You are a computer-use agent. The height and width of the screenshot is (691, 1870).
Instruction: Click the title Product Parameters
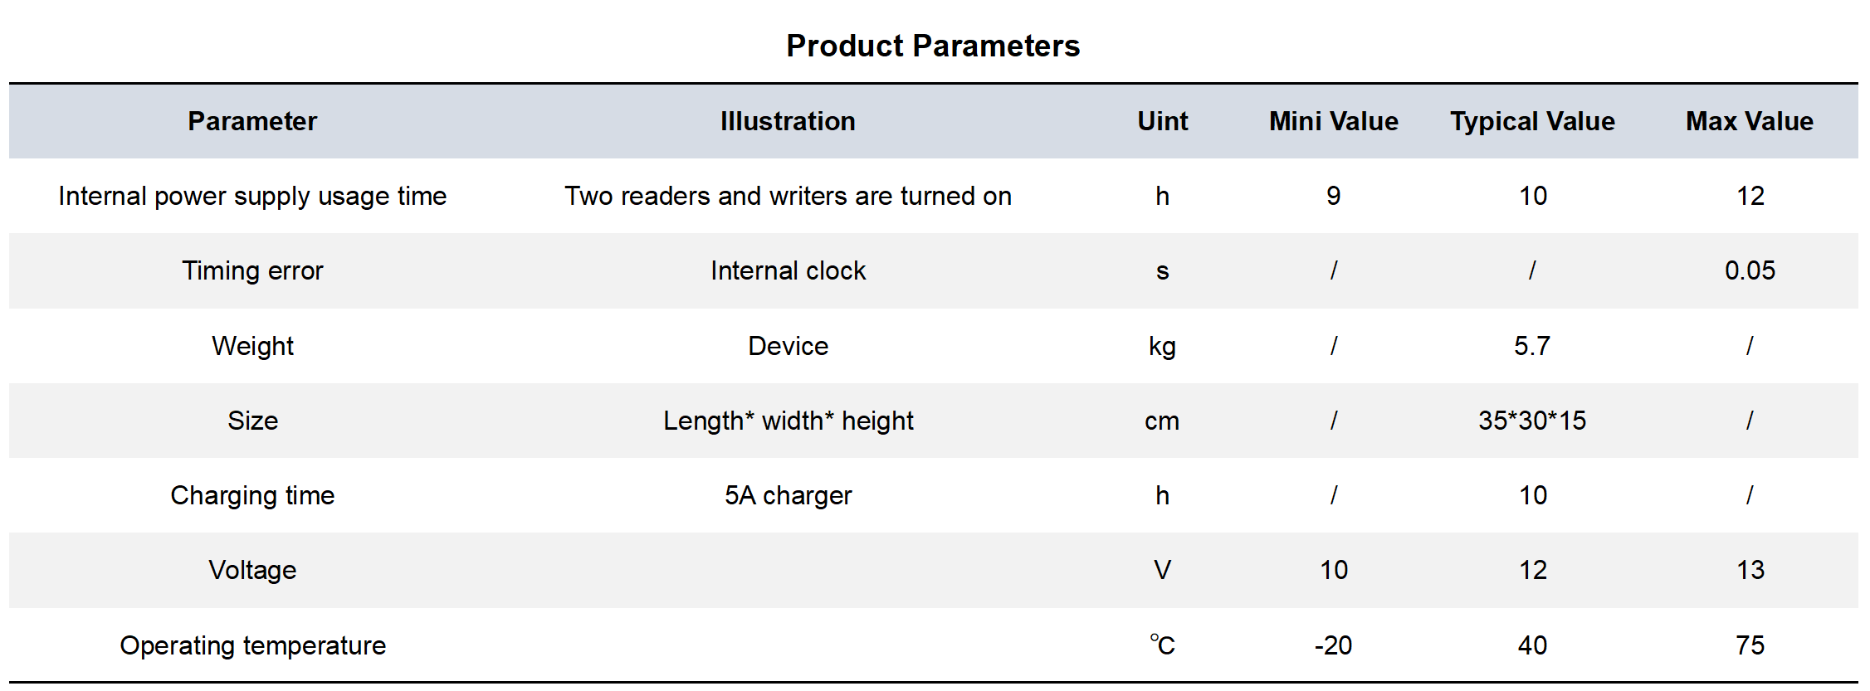point(933,46)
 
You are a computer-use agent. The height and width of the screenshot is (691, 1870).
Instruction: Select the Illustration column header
point(788,121)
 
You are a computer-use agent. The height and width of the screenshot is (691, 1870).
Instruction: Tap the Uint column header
point(1162,121)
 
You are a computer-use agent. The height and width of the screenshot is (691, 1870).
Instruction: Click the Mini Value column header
point(1334,121)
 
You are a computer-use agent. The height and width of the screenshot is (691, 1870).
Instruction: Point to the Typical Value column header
point(1532,122)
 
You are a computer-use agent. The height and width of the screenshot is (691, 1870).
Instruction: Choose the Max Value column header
point(1750,121)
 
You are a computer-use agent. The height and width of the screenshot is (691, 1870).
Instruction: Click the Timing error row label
point(252,271)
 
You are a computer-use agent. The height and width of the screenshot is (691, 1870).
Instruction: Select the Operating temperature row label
point(252,645)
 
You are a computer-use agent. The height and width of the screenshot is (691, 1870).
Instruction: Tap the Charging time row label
point(252,495)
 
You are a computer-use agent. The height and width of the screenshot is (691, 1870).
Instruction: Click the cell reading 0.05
point(1750,270)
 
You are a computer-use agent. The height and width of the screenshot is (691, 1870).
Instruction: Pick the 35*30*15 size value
point(1532,421)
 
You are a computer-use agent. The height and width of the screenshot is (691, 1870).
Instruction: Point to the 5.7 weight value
point(1532,346)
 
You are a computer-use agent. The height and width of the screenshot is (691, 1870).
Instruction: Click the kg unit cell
point(1162,347)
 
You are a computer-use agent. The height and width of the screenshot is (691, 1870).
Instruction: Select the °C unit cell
point(1162,645)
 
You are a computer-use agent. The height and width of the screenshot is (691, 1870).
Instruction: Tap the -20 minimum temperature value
point(1334,645)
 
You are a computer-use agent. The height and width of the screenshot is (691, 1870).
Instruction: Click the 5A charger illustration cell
point(788,496)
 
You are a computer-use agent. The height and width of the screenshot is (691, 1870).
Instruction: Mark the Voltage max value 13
point(1750,570)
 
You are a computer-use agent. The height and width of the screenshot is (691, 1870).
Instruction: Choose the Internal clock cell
point(788,270)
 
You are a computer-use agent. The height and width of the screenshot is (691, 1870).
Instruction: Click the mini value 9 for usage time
point(1334,196)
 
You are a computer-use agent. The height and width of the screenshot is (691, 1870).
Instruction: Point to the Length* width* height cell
point(788,421)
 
